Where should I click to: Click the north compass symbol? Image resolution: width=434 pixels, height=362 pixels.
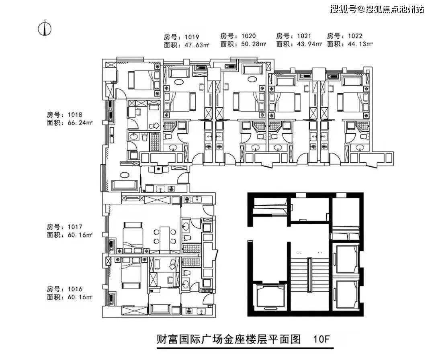tap(45, 28)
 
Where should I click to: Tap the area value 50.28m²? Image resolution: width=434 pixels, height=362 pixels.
tap(254, 44)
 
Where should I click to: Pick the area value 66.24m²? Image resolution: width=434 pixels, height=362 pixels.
tap(80, 123)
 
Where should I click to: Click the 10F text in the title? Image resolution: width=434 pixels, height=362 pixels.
tap(322, 339)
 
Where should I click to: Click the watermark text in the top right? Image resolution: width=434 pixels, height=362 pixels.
tap(377, 9)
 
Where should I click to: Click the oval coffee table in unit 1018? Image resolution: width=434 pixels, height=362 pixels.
tap(125, 175)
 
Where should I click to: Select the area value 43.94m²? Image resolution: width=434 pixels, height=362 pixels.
tap(309, 44)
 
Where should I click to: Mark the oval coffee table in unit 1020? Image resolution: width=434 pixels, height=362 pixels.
tap(252, 79)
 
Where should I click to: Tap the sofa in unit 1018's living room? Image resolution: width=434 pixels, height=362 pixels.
tap(125, 186)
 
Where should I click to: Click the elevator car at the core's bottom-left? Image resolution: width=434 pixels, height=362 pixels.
tap(270, 297)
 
